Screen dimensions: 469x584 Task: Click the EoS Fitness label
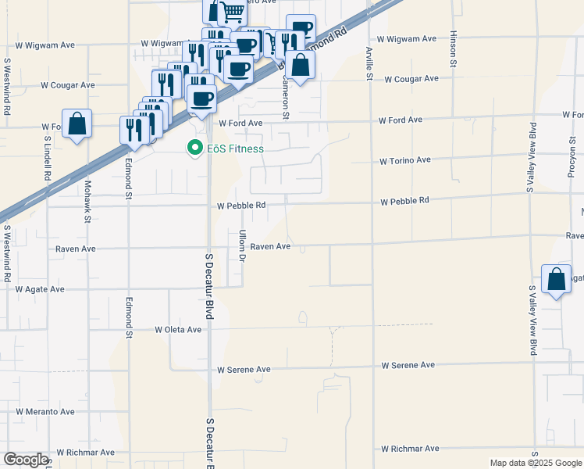pos(235,149)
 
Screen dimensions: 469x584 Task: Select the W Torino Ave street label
pos(405,160)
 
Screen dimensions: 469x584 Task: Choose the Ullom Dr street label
pos(243,245)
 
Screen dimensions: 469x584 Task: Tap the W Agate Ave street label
pos(40,289)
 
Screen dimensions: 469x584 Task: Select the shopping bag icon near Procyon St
pos(555,279)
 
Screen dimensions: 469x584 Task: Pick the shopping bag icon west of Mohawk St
pos(77,124)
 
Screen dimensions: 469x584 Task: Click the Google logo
pos(26,460)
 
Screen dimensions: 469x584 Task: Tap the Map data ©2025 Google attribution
pos(535,463)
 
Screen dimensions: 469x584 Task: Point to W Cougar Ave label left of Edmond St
pos(68,84)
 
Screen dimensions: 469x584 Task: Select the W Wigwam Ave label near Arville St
pos(407,38)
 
